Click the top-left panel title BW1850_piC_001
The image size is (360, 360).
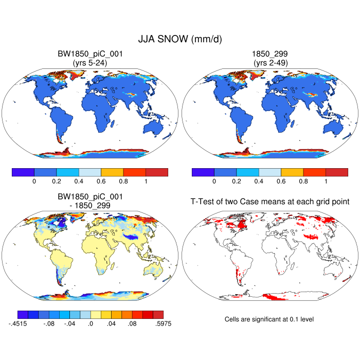coord(90,54)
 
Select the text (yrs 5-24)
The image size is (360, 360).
coord(90,62)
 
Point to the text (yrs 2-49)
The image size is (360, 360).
coord(270,62)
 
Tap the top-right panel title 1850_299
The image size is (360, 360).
coord(270,54)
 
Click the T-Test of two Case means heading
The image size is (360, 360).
coord(270,202)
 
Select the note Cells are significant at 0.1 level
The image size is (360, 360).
coord(269,319)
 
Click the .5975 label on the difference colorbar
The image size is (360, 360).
coord(163,324)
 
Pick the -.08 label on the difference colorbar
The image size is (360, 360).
coord(48,324)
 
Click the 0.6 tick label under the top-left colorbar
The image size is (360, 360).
coord(101,182)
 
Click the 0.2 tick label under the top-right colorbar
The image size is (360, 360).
coord(236,182)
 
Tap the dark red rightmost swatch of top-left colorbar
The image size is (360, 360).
coord(157,172)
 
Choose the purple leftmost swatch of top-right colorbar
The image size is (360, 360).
coord(203,172)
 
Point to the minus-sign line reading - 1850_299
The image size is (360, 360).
coord(90,206)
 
